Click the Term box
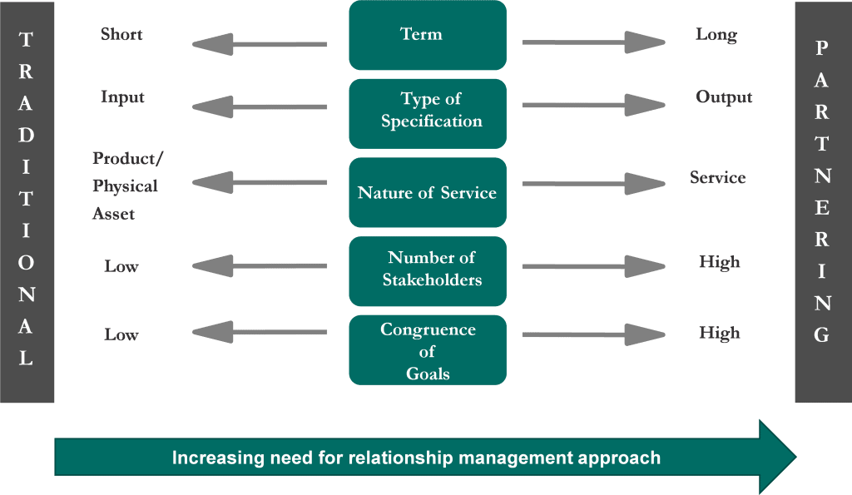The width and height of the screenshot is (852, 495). pos(428,35)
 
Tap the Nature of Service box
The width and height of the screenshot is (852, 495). pos(428,193)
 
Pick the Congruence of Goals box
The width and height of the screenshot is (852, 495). pos(428,350)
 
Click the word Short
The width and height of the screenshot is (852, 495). pos(121,35)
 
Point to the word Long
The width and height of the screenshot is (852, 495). pos(716,35)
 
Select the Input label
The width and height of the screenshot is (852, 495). pos(122,97)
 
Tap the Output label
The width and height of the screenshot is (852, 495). pos(724,97)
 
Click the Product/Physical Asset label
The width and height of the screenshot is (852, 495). pos(125,186)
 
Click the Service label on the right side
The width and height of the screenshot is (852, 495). pos(717,178)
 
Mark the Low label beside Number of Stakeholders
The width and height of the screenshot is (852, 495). pos(121,267)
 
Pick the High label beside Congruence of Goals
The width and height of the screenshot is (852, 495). pos(720,334)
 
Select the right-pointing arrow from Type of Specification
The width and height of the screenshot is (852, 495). pos(593,106)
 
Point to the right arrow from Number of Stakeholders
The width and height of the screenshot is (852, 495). pos(593,267)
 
